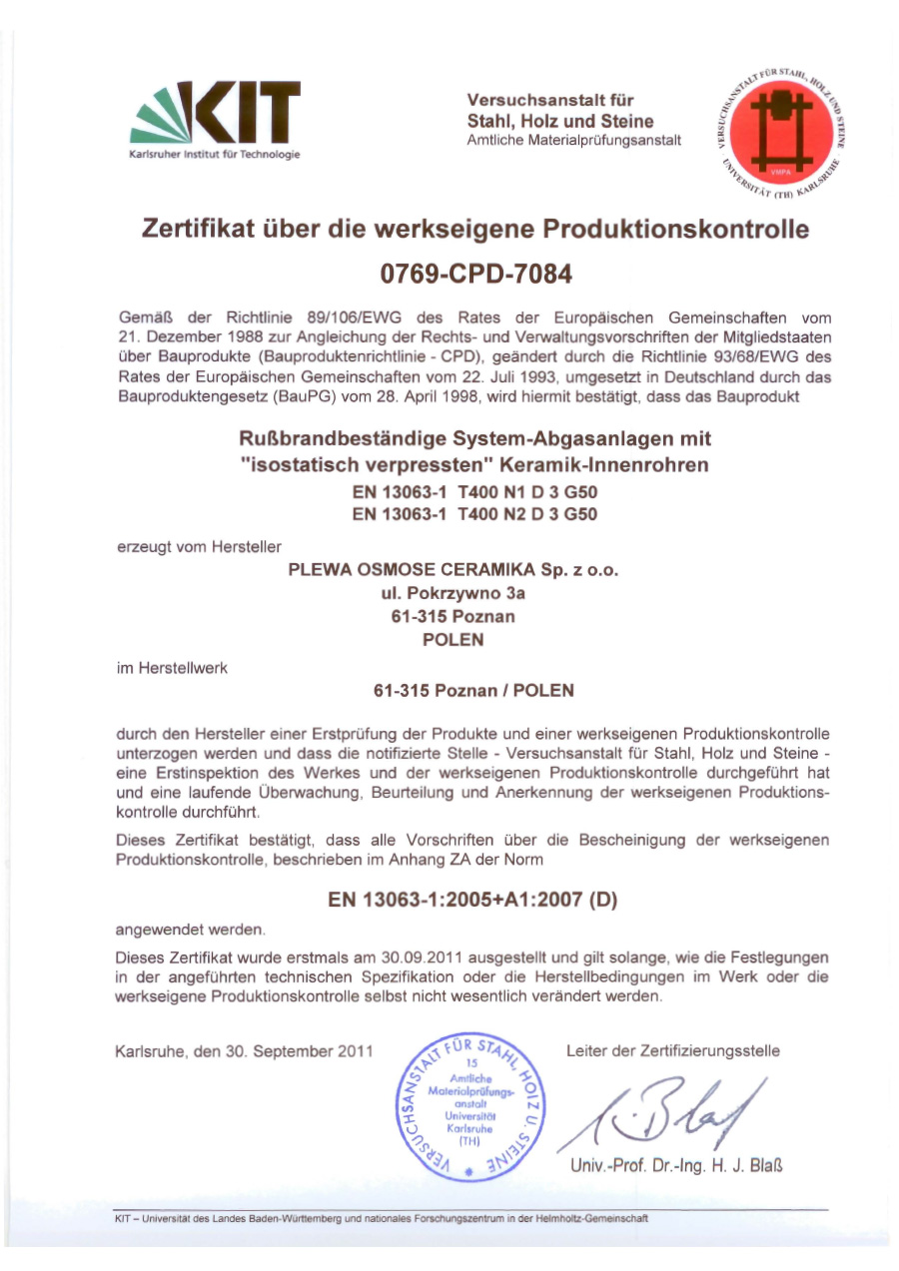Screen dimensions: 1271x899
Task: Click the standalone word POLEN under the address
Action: tap(453, 639)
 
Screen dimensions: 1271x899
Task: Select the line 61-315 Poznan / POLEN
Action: tap(473, 690)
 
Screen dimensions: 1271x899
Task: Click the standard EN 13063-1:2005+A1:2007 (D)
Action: tap(473, 900)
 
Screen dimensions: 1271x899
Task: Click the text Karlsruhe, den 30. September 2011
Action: tap(244, 1050)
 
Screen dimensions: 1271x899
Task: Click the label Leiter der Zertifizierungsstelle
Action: tap(673, 1050)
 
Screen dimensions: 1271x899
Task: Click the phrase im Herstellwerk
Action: tap(172, 668)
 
